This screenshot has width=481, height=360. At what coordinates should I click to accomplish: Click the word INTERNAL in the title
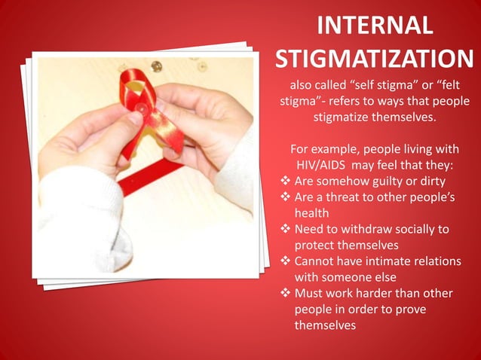click(375, 25)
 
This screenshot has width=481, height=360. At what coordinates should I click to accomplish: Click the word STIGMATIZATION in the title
click(375, 58)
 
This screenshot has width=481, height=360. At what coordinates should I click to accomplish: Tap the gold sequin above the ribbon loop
click(156, 66)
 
